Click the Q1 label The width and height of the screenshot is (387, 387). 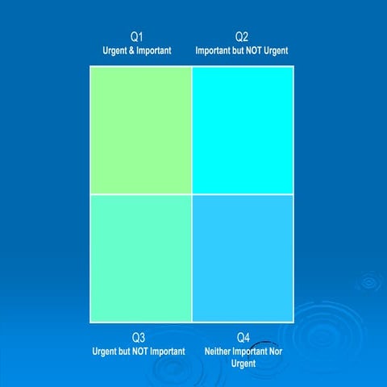pos(138,37)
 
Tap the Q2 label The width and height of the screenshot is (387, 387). pos(242,37)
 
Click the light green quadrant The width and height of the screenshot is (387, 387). pos(140,130)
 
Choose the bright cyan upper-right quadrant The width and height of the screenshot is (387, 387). pos(243,130)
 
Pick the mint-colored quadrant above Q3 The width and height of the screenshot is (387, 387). pos(140,258)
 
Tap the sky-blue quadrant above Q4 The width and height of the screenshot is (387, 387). pos(243,258)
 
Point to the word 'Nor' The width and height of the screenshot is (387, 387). pos(275,352)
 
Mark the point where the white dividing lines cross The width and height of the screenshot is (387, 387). pos(192,194)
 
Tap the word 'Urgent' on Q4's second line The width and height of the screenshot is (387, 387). pos(243,364)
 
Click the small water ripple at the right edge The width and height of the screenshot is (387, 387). pos(369,282)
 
